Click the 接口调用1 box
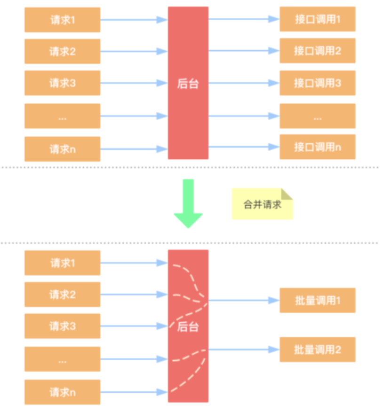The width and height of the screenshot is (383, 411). [x=317, y=19]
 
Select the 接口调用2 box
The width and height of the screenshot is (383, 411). [x=317, y=51]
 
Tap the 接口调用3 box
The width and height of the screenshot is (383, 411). [x=317, y=83]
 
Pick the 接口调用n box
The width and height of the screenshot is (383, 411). [x=317, y=147]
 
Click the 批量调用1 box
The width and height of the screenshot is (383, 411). [x=317, y=300]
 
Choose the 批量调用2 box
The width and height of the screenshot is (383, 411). [x=317, y=349]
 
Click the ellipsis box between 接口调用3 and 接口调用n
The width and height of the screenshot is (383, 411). [x=317, y=116]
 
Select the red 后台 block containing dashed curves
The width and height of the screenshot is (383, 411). [x=188, y=326]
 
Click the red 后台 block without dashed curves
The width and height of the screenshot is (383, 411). [x=188, y=83]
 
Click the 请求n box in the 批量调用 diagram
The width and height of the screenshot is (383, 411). [x=62, y=392]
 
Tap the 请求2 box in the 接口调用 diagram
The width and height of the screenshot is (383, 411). [x=62, y=51]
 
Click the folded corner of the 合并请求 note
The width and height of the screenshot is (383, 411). [x=287, y=194]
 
